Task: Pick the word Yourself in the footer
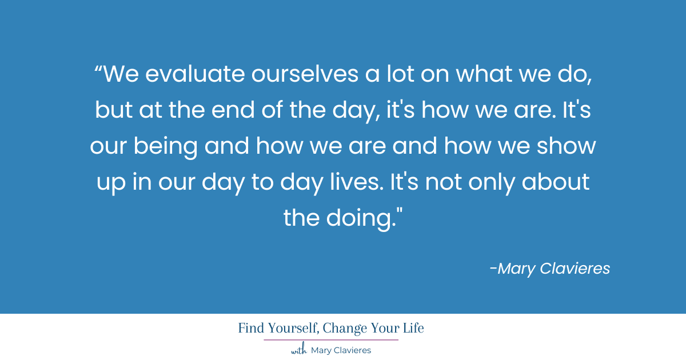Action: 291,329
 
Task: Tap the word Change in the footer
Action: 347,329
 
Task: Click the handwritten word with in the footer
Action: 299,350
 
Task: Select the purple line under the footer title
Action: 331,340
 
